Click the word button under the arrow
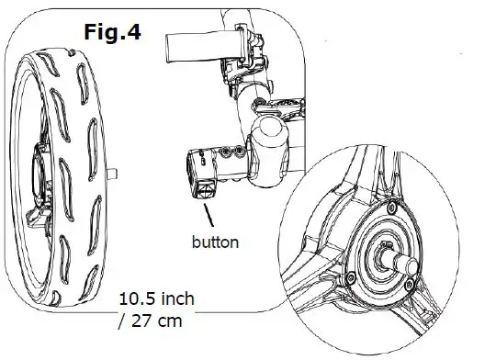216,243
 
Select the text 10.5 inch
156,300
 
